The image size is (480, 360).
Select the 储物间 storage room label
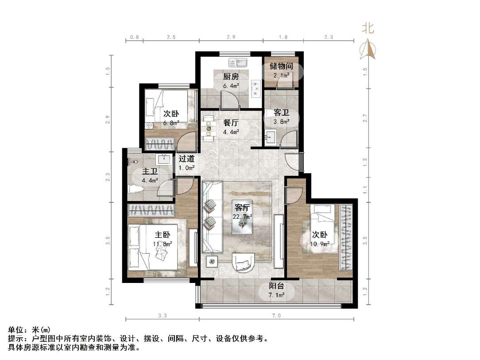click(281, 66)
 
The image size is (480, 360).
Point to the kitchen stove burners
click(255, 88)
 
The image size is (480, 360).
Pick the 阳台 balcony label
click(277, 286)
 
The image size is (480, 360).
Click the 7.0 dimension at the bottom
click(276, 316)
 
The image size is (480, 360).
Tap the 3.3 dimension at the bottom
click(162, 316)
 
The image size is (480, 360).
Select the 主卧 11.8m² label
click(162, 239)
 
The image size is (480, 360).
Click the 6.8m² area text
click(170, 123)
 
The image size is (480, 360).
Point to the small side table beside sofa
click(212, 261)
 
